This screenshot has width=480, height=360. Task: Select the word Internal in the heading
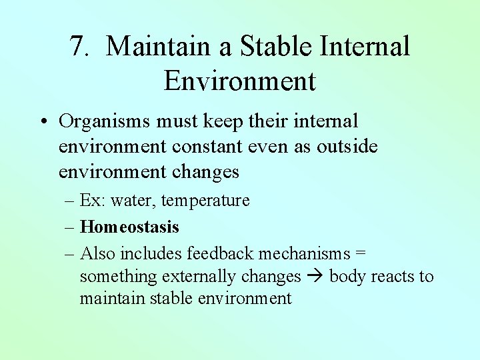pos(365,47)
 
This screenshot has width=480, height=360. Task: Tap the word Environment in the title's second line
pos(239,81)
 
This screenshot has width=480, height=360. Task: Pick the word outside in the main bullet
pos(347,147)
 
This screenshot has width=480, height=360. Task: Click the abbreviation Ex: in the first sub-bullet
pos(92,201)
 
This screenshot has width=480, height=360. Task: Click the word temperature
pos(205,201)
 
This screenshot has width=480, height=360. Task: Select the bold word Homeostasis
pos(129,227)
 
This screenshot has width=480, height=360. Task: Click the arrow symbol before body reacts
pos(315,277)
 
